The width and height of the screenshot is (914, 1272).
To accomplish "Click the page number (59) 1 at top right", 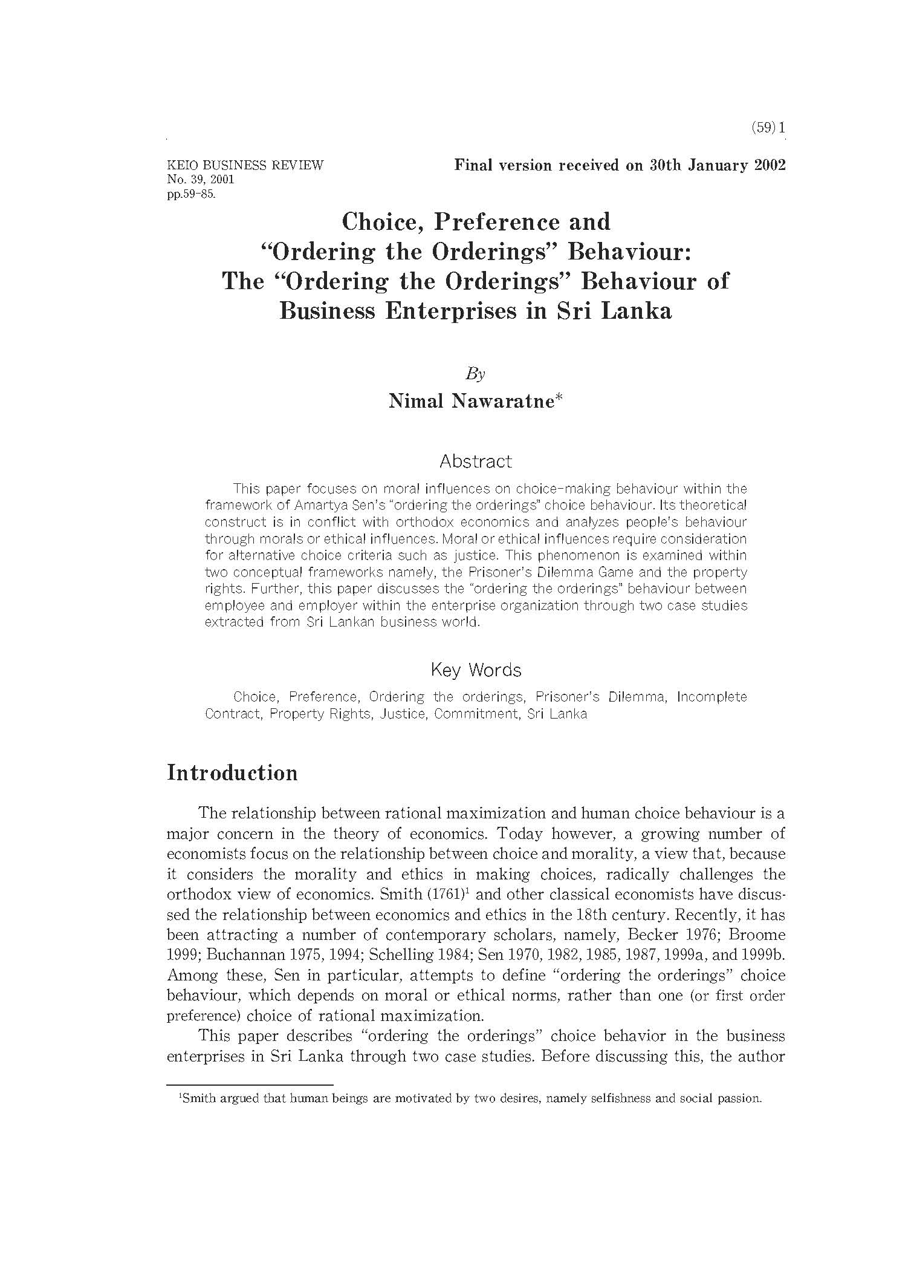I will click(x=767, y=128).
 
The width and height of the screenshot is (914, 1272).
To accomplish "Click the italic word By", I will click(x=476, y=374).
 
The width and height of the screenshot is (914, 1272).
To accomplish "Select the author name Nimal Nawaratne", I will click(x=472, y=401).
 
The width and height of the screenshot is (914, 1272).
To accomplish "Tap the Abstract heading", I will click(x=476, y=462).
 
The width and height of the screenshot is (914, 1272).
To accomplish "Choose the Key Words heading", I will click(x=476, y=670).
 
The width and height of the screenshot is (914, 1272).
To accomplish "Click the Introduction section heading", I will click(x=232, y=773).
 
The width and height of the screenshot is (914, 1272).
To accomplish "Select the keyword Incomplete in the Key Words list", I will click(x=711, y=697).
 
